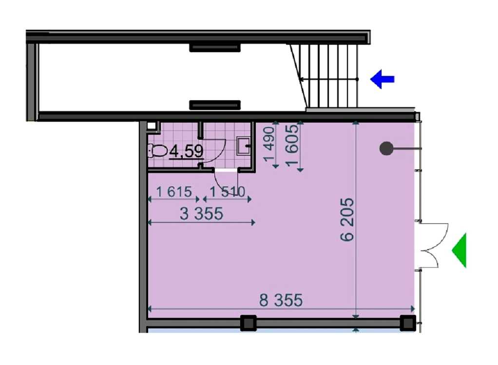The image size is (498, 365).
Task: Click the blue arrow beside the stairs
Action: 382,79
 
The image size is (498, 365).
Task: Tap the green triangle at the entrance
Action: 460,250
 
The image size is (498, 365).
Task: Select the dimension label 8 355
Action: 281,300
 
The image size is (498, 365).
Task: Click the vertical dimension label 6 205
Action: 347,219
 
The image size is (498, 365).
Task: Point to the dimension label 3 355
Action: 201,214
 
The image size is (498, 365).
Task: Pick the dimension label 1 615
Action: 174,192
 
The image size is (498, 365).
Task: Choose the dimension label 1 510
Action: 228,192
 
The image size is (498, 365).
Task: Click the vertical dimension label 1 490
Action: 269,144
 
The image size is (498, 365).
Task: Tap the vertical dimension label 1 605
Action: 292,144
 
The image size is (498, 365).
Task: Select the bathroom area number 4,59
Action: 187,151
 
